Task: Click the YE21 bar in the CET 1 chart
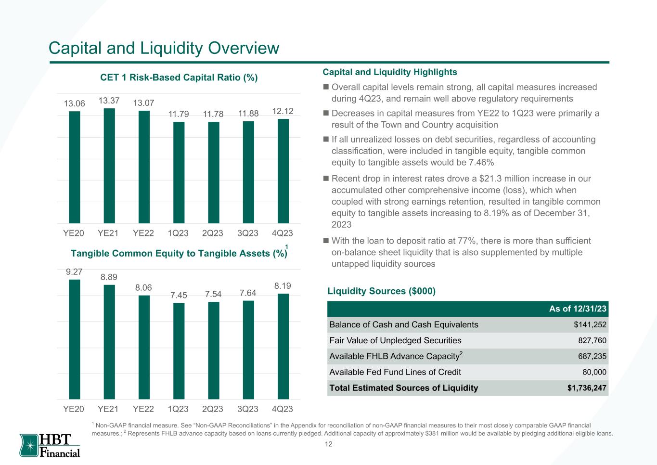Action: [109, 166]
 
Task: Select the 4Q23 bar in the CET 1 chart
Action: [283, 171]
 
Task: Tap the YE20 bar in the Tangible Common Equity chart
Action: [75, 339]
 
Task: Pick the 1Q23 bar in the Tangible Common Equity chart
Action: [179, 351]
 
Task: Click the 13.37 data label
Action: [109, 100]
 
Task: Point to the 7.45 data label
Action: [179, 295]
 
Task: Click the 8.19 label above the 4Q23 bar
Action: [283, 286]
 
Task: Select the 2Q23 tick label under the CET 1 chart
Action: [213, 233]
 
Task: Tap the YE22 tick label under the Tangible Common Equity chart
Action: [143, 409]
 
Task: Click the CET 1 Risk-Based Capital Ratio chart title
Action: [179, 77]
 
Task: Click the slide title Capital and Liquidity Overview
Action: [164, 48]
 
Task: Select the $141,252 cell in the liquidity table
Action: [590, 325]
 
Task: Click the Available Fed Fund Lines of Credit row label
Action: [395, 372]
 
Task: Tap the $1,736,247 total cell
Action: [587, 388]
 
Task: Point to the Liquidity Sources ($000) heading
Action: [381, 291]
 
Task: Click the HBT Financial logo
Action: [50, 445]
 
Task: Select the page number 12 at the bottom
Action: [329, 444]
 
